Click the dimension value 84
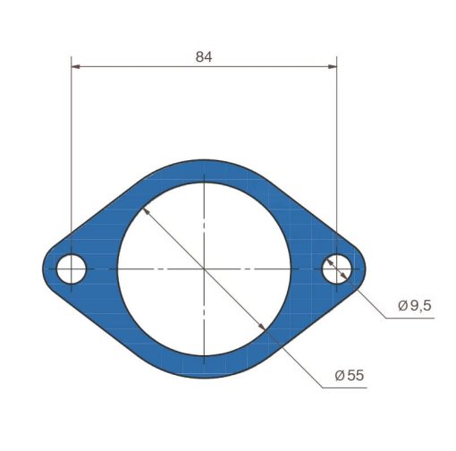204,56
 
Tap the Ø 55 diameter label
350,375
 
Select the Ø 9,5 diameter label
415,305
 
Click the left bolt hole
72,268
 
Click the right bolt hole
337,268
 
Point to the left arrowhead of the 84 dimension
76,66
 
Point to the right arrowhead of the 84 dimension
332,66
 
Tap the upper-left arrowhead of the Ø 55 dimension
146,211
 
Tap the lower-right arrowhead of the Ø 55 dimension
262,327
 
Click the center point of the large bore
204,268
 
